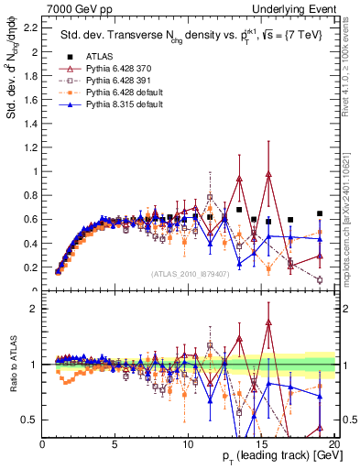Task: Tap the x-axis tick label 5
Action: (x=115, y=445)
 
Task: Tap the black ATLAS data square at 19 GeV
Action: (x=319, y=213)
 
